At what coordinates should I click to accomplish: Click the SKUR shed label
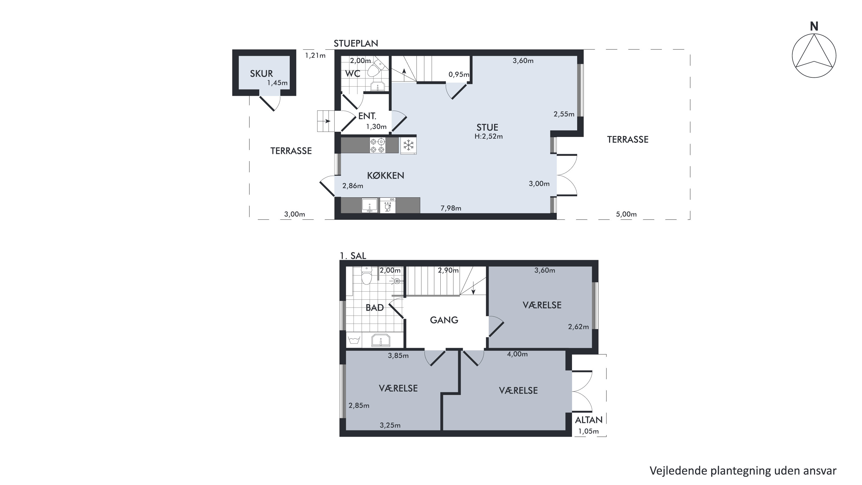click(x=261, y=74)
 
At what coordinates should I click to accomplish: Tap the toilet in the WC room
click(x=375, y=68)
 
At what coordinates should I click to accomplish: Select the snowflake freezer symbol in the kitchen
click(x=408, y=145)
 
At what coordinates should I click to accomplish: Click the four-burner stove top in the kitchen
click(x=377, y=145)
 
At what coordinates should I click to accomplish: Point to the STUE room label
click(x=487, y=127)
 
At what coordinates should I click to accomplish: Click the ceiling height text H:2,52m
click(x=489, y=136)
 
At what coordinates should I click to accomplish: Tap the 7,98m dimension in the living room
click(x=451, y=208)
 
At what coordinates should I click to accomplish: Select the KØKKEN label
click(x=385, y=175)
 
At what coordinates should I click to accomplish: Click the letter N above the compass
click(x=814, y=26)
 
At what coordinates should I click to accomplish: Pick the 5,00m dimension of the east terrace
click(x=626, y=214)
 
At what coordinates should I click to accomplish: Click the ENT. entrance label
click(x=367, y=116)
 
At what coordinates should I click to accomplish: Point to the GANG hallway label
click(x=444, y=320)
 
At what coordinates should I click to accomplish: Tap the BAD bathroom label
click(x=375, y=308)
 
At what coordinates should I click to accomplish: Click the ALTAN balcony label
click(x=589, y=420)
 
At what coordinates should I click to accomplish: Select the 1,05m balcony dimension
click(x=589, y=431)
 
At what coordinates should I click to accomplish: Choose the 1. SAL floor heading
click(x=353, y=256)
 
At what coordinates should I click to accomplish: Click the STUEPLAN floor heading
click(x=356, y=43)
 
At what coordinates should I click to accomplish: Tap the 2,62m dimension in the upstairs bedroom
click(x=578, y=326)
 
